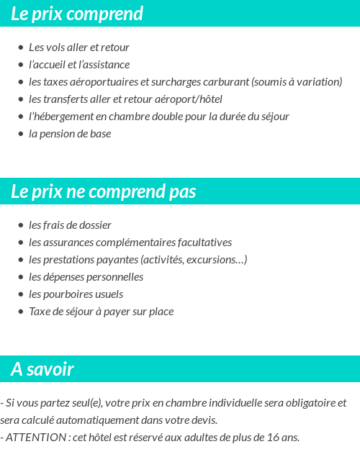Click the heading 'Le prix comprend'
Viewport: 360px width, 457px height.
click(77, 14)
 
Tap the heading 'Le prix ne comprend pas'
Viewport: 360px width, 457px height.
click(103, 191)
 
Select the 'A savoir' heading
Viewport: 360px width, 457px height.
click(42, 369)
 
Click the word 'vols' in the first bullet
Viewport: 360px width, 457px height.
click(56, 47)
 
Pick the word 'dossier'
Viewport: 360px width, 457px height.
click(95, 225)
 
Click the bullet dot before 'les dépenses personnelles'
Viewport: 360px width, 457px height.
click(20, 277)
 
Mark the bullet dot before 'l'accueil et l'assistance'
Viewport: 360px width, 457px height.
click(20, 65)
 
